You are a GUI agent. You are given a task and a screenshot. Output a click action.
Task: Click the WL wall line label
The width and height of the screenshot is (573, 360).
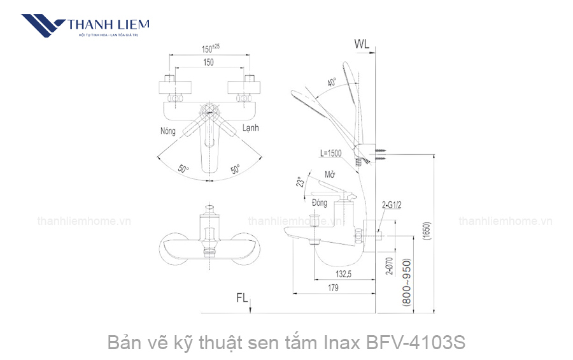click(362, 45)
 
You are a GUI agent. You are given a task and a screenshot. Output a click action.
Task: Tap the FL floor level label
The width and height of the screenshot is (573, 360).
click(243, 298)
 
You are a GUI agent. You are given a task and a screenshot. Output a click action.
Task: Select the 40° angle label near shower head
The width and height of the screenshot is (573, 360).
click(332, 83)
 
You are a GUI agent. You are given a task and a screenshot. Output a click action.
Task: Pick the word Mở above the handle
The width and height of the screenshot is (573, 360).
click(330, 175)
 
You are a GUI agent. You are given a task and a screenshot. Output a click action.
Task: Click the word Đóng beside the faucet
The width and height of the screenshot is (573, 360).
click(320, 203)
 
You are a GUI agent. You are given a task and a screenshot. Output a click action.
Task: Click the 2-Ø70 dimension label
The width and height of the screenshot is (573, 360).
click(390, 264)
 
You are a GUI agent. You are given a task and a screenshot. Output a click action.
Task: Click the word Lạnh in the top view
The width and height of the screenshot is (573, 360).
click(250, 128)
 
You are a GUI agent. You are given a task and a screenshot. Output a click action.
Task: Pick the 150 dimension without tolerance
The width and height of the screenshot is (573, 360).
click(208, 62)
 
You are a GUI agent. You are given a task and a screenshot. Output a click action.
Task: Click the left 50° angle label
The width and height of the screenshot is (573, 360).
click(183, 169)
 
